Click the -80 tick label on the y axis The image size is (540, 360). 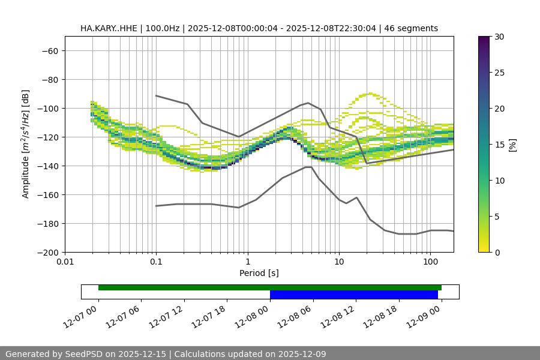[49, 80]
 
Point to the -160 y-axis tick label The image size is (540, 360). [47, 195]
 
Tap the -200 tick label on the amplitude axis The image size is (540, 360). [47, 253]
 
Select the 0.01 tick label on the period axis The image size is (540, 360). [65, 262]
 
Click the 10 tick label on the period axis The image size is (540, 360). [339, 262]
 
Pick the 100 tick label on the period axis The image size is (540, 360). [430, 262]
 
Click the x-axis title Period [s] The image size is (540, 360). [259, 273]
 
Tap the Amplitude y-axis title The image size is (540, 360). [26, 144]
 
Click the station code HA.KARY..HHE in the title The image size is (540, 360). [108, 28]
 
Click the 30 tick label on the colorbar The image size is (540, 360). [499, 37]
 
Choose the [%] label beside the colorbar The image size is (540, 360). [512, 145]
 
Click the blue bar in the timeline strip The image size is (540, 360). [353, 295]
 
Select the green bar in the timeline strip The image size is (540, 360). [269, 287]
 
